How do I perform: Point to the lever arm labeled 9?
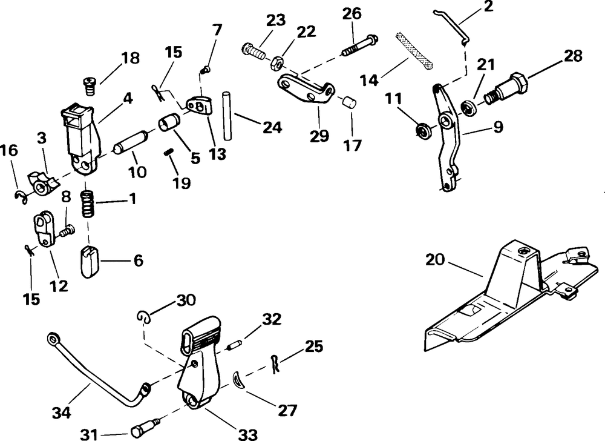coord(447,140)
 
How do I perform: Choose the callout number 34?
coord(62,414)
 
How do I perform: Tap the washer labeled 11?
coord(423,130)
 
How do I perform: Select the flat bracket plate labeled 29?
coord(306,89)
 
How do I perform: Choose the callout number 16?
coord(9,150)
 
